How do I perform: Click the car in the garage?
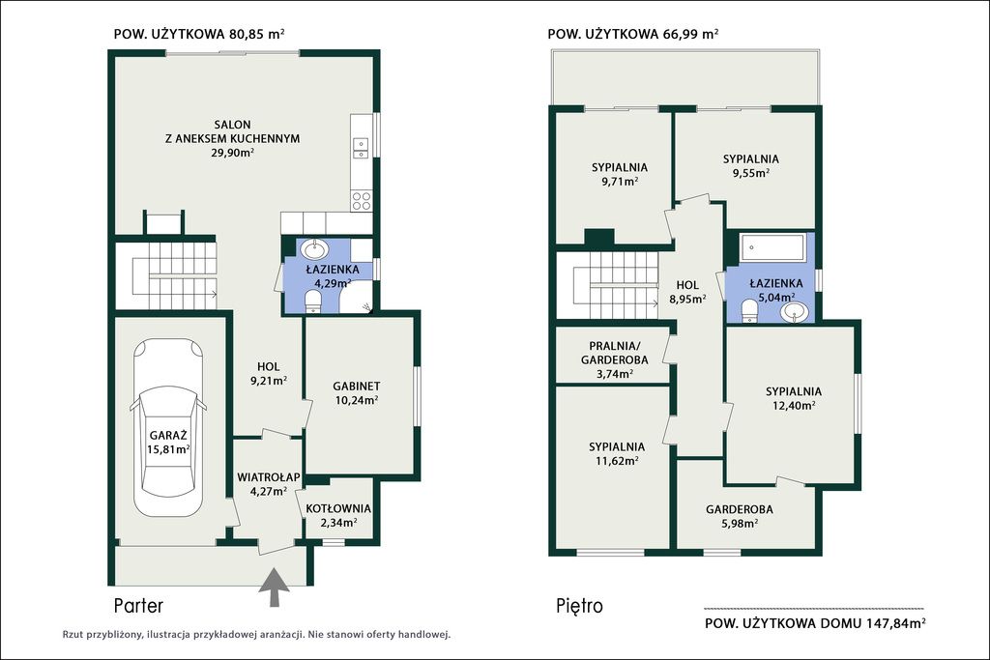(168, 427)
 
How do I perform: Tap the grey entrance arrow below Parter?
(275, 588)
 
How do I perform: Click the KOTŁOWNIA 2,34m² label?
(338, 515)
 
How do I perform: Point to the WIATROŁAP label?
(269, 477)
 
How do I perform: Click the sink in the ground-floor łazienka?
(313, 249)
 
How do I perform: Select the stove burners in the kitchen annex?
(362, 201)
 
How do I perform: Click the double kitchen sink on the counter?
(362, 148)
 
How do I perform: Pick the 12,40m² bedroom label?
(794, 398)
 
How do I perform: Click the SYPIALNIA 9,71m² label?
(620, 174)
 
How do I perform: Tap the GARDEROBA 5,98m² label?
(740, 516)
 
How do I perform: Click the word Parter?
(138, 606)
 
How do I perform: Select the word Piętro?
(580, 606)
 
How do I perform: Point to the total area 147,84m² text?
(815, 623)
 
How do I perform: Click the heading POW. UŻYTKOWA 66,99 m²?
(632, 34)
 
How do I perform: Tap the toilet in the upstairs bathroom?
(749, 310)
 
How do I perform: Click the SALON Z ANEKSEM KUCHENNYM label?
(232, 138)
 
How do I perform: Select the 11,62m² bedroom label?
(616, 453)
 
